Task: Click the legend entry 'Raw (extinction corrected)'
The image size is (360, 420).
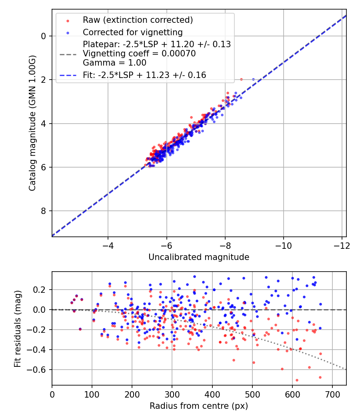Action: click(x=138, y=20)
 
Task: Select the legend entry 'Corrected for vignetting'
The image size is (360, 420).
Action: click(x=132, y=32)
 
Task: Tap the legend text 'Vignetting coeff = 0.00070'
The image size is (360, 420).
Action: click(x=139, y=54)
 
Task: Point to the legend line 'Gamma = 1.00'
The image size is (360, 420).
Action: click(x=114, y=63)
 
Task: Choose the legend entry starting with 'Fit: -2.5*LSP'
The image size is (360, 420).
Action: click(x=144, y=75)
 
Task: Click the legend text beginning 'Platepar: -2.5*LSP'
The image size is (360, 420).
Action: click(x=157, y=44)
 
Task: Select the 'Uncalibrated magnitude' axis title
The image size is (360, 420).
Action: click(x=199, y=257)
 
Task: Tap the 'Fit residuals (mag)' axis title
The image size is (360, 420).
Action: click(x=18, y=328)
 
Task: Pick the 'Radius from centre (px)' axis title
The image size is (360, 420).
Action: click(x=199, y=406)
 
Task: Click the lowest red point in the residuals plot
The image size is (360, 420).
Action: click(x=297, y=380)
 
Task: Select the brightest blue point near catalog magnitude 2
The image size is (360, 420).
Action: click(x=253, y=79)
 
